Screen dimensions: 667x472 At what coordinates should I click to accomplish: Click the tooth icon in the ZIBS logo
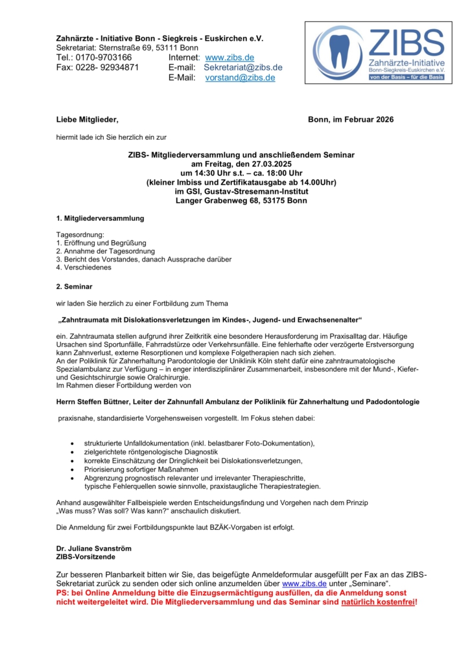point(338,52)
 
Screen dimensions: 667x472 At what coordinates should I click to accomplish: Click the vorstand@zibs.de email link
point(240,78)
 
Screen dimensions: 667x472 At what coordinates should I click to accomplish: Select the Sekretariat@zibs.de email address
point(243,67)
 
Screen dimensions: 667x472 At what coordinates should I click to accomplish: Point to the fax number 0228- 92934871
point(97,67)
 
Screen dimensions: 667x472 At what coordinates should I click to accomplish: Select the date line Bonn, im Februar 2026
point(351,120)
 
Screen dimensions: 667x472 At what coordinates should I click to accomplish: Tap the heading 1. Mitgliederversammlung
point(100,218)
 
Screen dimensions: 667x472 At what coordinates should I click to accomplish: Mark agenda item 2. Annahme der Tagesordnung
point(105,251)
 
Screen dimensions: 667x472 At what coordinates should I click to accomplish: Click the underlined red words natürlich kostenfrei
point(378,602)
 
